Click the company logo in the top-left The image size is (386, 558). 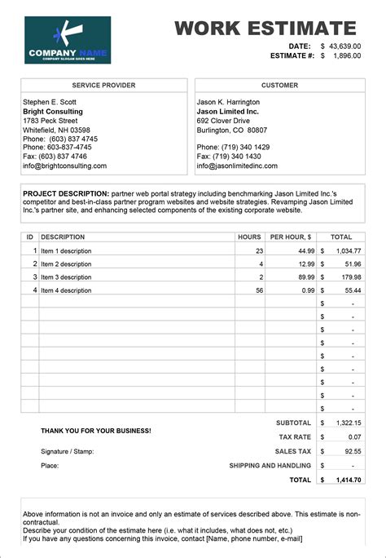68,40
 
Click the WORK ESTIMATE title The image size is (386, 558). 266,29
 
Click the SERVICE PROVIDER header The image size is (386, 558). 103,86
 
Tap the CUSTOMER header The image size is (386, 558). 279,86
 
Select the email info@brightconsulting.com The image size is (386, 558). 65,166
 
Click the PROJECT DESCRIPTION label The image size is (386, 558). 66,193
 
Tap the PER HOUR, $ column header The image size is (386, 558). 291,237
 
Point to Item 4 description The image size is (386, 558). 66,290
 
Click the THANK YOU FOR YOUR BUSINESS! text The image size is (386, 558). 95,430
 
